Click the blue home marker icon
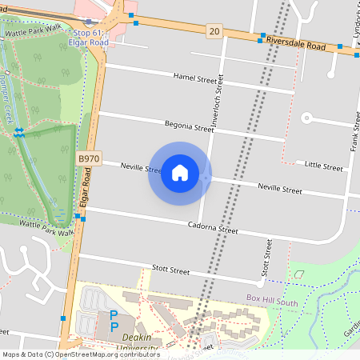click(180, 173)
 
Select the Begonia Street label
click(189, 126)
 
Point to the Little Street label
click(324, 166)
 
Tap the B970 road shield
click(89, 159)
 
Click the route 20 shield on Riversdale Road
click(214, 30)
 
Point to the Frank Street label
click(353, 131)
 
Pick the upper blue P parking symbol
click(113, 315)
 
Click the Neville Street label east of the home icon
click(279, 190)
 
